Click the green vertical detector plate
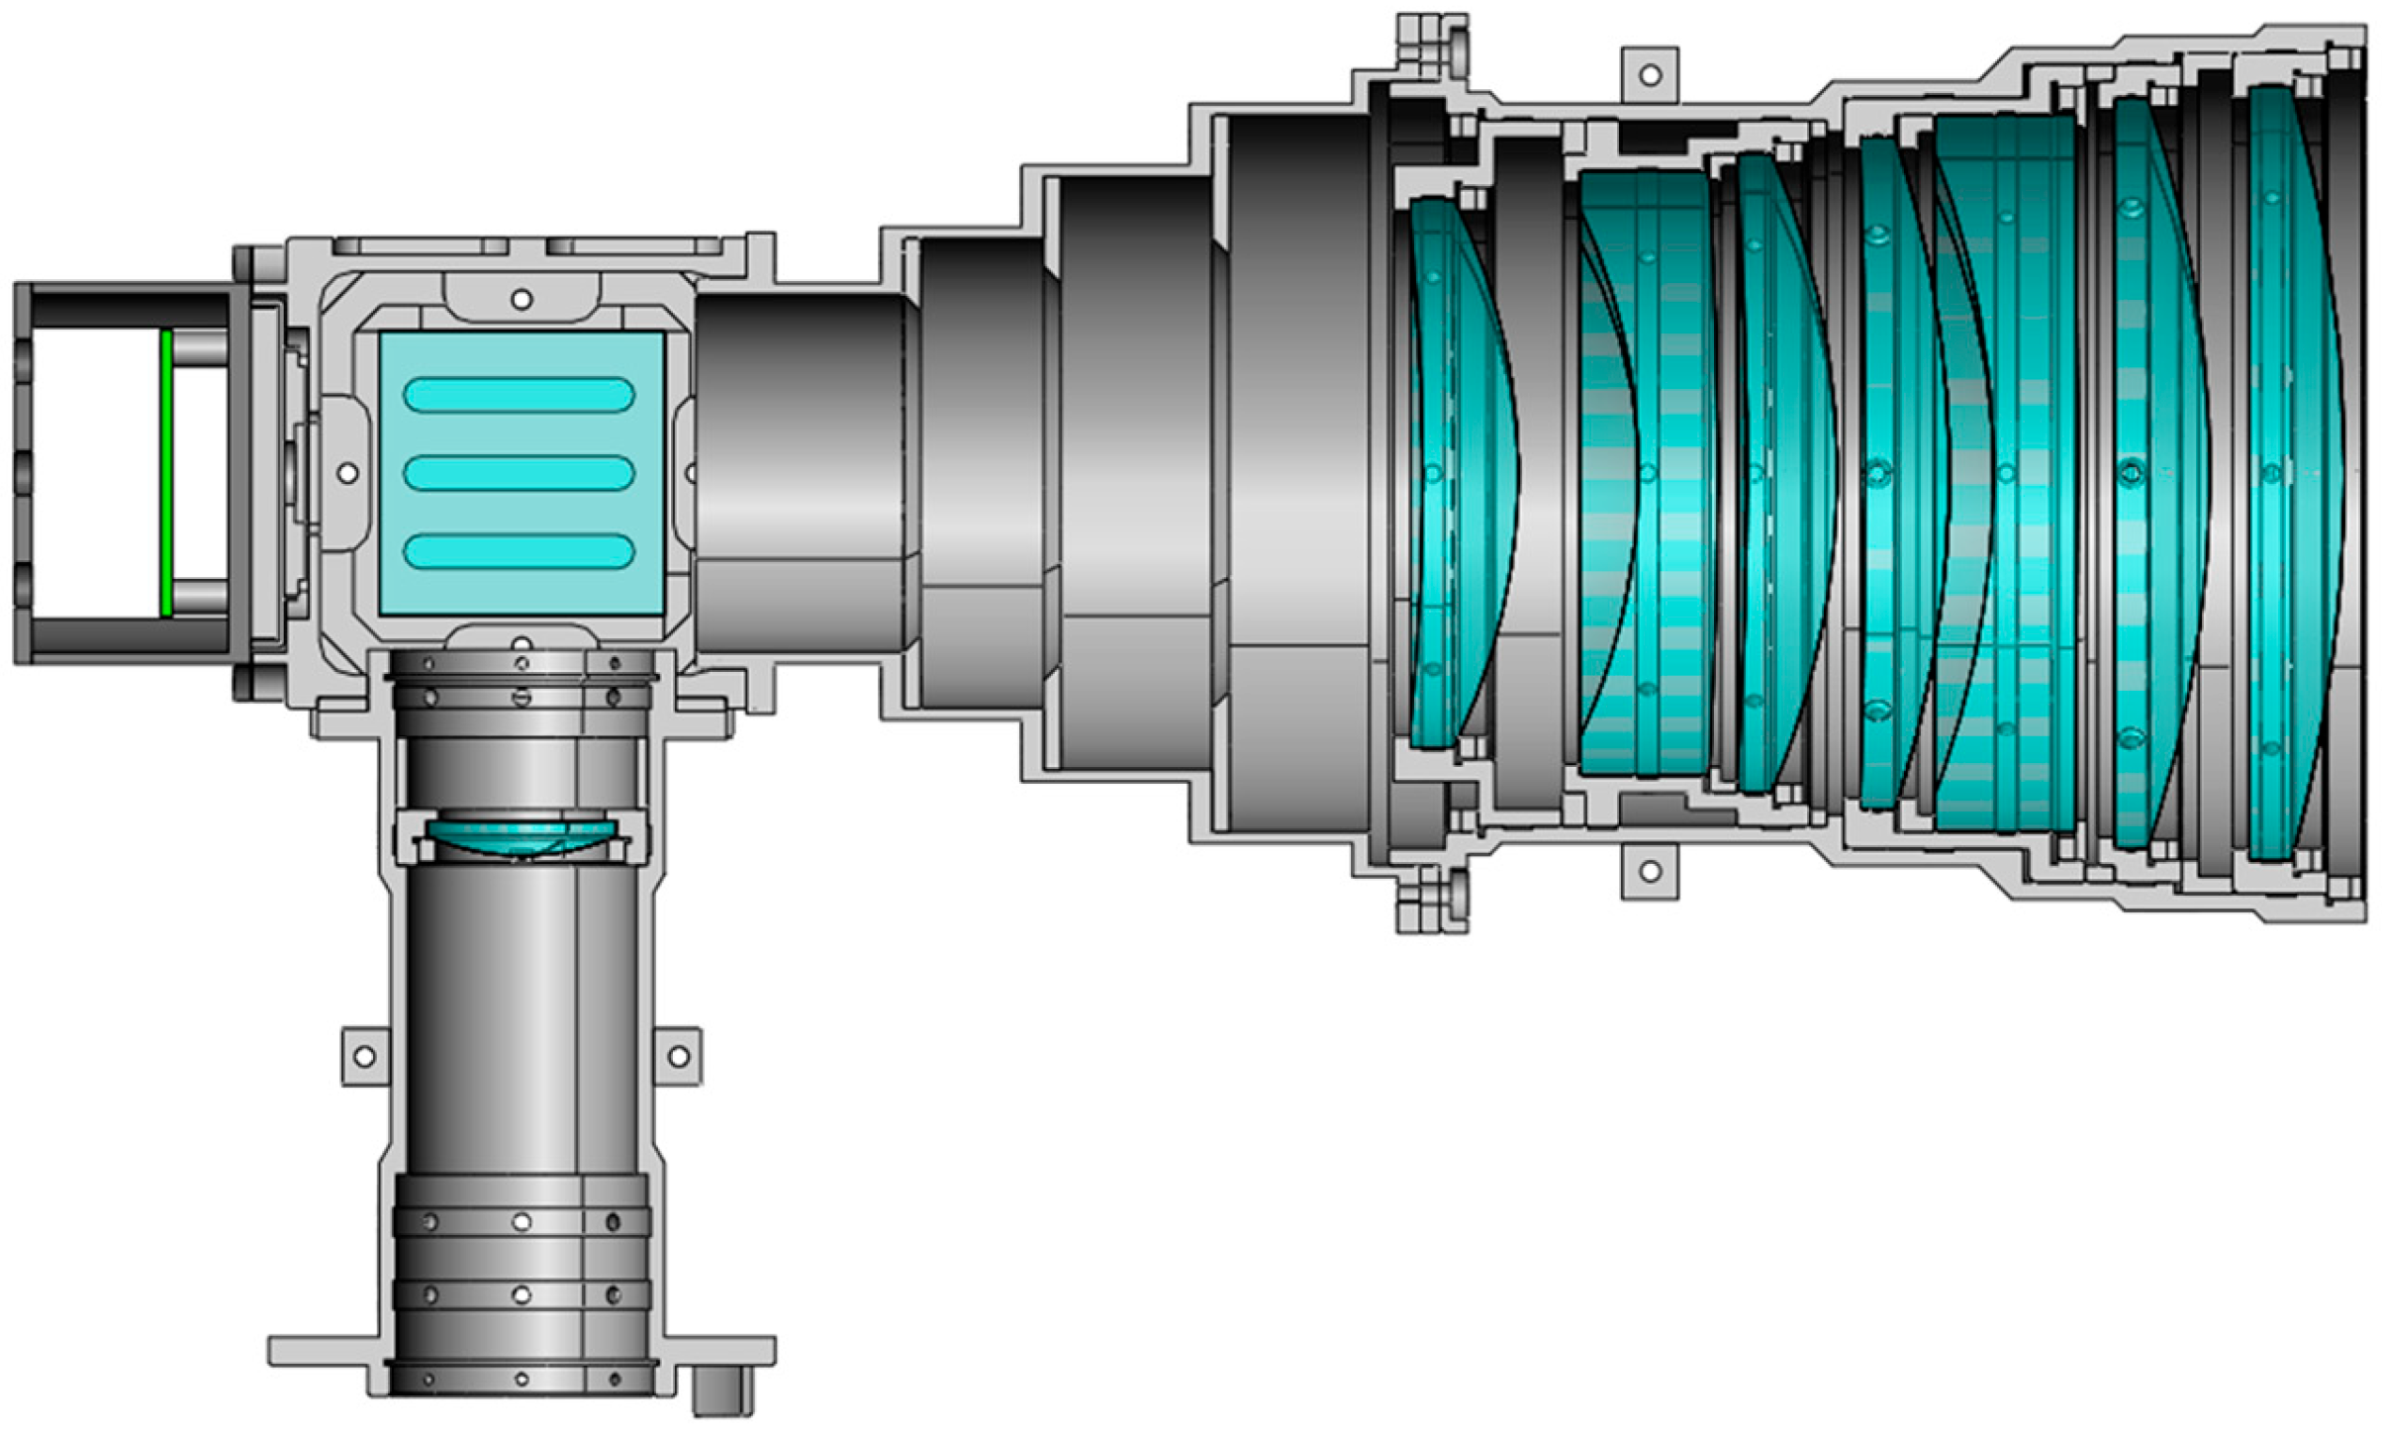pos(166,473)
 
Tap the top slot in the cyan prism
pos(519,395)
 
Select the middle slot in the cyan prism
pos(519,473)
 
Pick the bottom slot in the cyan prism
pos(519,551)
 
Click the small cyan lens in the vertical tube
pos(522,836)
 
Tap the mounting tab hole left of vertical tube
pos(364,1057)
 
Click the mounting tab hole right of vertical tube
pos(679,1057)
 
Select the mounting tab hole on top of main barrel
pos(1650,74)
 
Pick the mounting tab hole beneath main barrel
pos(1650,872)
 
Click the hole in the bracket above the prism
pos(522,299)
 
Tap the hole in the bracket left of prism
pos(347,473)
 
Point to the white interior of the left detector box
pos(94,473)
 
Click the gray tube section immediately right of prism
pos(800,473)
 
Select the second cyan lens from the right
pos(2157,473)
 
